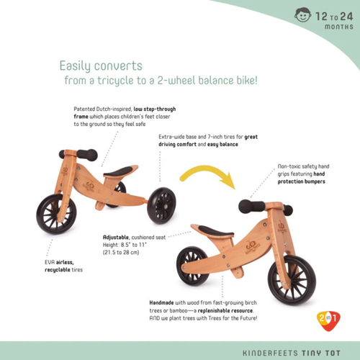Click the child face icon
(303, 15)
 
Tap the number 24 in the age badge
(346, 17)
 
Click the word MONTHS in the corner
(339, 27)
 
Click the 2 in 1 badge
(328, 321)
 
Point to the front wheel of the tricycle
(57, 215)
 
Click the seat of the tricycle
(118, 171)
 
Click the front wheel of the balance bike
(292, 280)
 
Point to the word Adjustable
(116, 238)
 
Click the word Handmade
(161, 302)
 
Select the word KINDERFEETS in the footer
(270, 354)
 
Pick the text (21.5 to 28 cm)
(121, 253)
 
